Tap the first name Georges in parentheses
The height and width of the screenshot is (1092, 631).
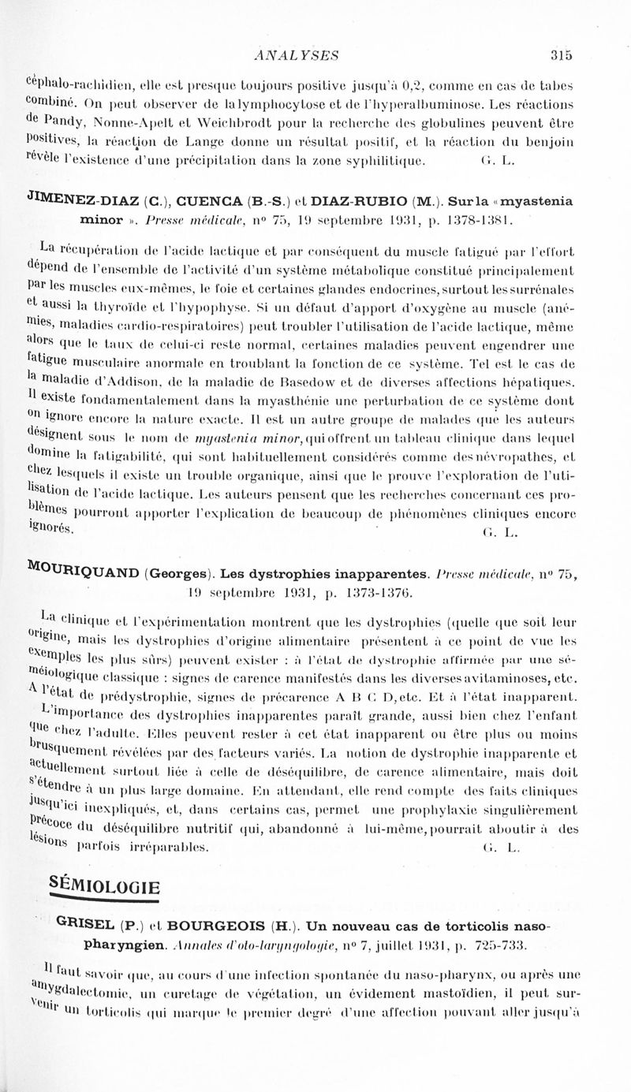point(179,563)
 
